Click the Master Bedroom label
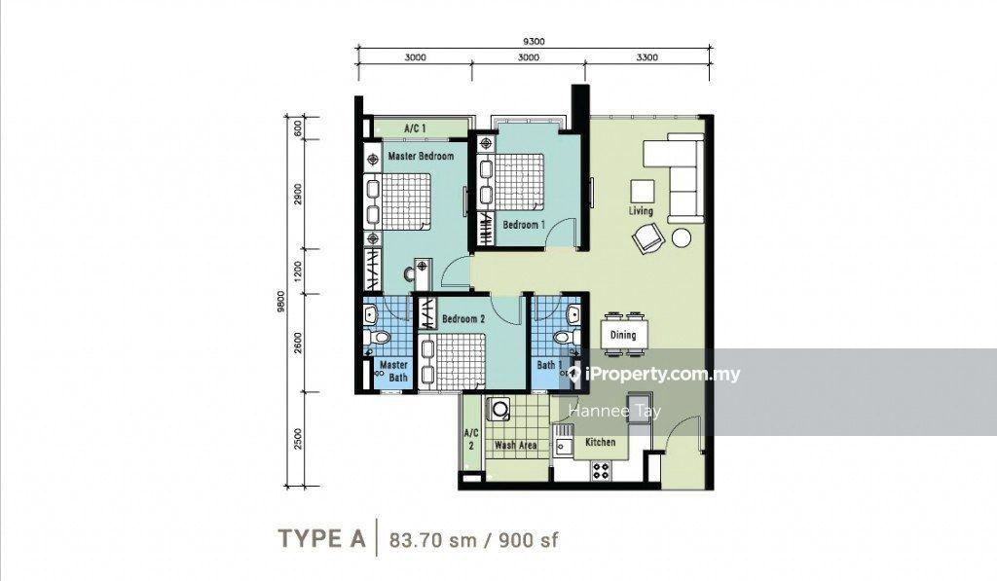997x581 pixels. pos(421,156)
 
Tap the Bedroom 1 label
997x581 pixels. pos(524,225)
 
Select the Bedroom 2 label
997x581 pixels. pos(463,318)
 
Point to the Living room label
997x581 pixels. pos(641,211)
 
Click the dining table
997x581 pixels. pos(623,335)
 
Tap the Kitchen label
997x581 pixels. pos(600,442)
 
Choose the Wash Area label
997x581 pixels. pos(516,445)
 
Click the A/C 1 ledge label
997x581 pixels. pos(415,128)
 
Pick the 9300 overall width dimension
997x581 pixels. pos(535,42)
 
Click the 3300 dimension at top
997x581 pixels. pos(647,57)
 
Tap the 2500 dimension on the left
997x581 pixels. pos(298,439)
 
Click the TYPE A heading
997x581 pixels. pos(322,539)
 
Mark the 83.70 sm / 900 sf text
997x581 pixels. pos(474,540)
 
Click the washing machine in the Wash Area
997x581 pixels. pos(498,410)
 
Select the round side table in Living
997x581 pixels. pos(682,237)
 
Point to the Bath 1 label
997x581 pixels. pos(549,365)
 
